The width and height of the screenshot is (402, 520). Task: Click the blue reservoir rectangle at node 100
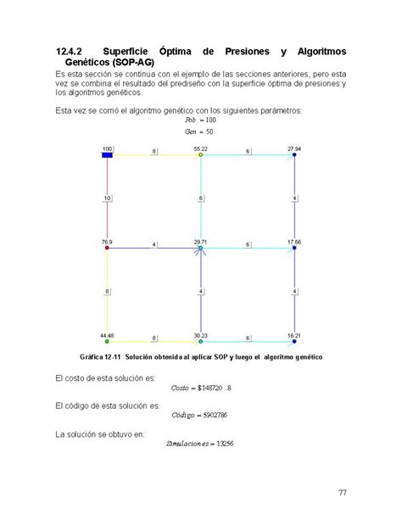(x=108, y=155)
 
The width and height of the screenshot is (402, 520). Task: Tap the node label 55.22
(x=200, y=148)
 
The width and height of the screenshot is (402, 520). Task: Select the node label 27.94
(x=294, y=148)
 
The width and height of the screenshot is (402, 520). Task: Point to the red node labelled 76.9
(x=107, y=248)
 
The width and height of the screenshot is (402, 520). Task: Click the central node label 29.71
(x=200, y=242)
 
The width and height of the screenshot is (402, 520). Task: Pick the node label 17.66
(x=294, y=242)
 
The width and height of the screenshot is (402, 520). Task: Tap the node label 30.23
(x=200, y=335)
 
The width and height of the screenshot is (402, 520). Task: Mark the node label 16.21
(x=294, y=335)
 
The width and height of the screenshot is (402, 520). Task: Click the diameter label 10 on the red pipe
(x=108, y=198)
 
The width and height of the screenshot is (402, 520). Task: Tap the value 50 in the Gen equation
(x=208, y=133)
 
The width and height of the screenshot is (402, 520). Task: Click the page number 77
(x=342, y=492)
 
